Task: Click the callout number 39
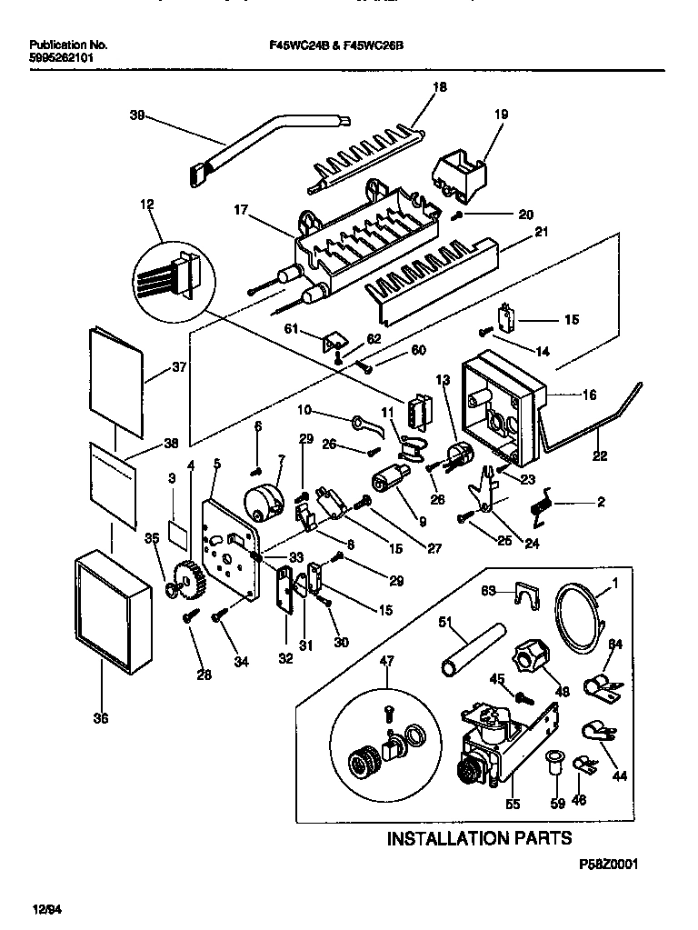tap(137, 115)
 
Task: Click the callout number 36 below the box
tap(100, 719)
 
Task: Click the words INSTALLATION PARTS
tap(480, 837)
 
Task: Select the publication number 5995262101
tap(61, 56)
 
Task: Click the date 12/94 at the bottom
tap(49, 908)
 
